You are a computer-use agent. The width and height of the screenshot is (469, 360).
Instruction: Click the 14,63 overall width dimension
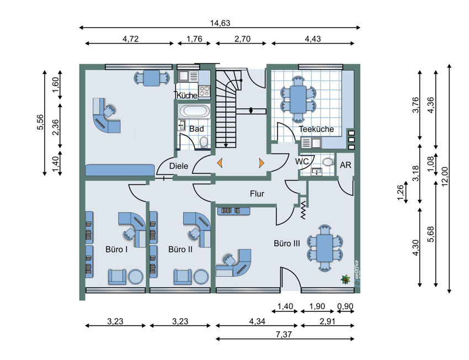[220, 23]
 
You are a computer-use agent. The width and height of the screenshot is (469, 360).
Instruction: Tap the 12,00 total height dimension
[445, 176]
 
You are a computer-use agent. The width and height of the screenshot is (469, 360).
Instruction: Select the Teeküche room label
[316, 129]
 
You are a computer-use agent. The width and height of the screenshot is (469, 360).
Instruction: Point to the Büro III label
[287, 243]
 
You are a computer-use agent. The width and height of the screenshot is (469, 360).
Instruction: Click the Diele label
[179, 166]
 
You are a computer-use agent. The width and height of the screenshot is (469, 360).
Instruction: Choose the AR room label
[345, 165]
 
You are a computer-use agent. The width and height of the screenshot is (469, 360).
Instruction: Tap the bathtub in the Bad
[194, 112]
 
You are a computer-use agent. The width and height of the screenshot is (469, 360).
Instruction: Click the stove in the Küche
[205, 91]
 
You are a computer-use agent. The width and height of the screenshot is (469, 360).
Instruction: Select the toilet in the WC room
[328, 162]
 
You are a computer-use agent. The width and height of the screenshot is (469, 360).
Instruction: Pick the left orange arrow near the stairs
[220, 163]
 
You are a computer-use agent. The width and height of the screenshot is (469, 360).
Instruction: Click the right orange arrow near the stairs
[262, 163]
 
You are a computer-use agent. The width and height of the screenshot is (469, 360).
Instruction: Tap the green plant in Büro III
[345, 279]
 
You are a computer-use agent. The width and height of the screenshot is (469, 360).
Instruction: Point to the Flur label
[257, 194]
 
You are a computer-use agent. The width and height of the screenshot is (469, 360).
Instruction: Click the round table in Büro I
[136, 277]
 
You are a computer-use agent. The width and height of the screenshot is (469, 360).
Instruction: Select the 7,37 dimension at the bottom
[284, 334]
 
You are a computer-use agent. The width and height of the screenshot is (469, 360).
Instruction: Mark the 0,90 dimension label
[345, 306]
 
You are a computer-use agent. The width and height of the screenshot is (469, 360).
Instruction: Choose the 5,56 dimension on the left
[40, 123]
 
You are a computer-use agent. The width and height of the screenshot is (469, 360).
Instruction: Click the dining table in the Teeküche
[297, 99]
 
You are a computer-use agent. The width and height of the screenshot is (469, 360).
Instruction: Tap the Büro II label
[180, 250]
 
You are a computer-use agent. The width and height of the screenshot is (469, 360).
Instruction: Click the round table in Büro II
[201, 277]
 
